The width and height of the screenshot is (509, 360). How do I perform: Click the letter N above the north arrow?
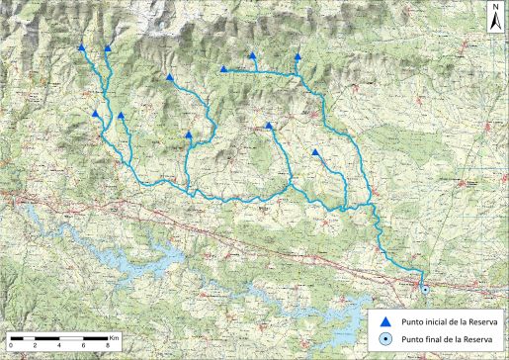tap(494, 7)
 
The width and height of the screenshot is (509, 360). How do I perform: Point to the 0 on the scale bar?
tap(11, 345)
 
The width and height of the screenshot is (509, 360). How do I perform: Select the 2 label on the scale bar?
tap(36, 345)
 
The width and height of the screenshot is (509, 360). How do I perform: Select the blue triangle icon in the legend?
tap(386, 321)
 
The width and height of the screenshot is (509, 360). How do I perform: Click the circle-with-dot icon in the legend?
tap(386, 339)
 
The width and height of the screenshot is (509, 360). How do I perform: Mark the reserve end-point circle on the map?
tap(425, 290)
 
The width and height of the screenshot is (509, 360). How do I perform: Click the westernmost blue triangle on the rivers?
tap(81, 46)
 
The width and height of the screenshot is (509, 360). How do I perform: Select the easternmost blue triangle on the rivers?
tap(315, 152)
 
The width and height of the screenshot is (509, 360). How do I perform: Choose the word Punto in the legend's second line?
tap(411, 339)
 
